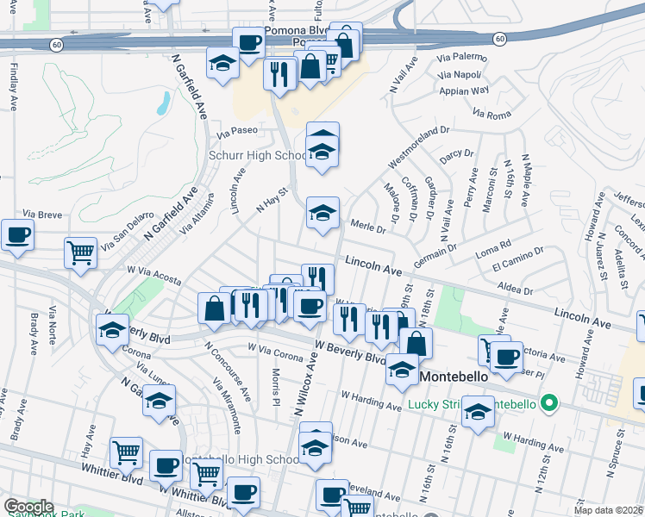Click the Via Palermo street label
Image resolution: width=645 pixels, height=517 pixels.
(x=462, y=57)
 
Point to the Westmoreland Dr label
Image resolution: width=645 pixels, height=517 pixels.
(x=419, y=149)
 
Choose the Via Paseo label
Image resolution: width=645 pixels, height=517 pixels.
(x=237, y=134)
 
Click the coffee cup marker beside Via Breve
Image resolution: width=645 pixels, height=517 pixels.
(x=17, y=234)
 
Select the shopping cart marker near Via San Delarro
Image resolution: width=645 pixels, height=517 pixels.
(x=80, y=252)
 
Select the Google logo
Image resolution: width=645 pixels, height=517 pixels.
(x=28, y=507)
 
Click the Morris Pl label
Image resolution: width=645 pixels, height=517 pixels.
(x=275, y=383)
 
